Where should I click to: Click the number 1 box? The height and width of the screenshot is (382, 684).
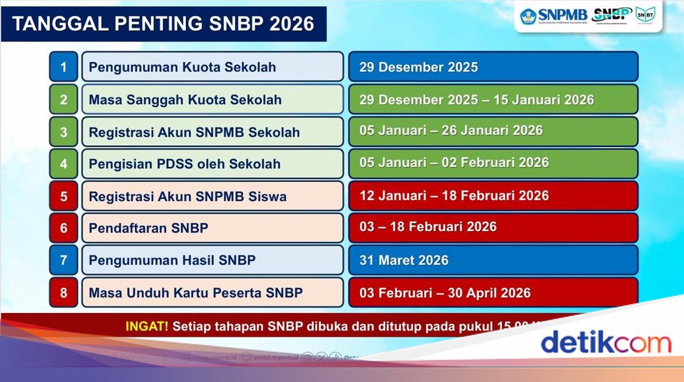[63, 67]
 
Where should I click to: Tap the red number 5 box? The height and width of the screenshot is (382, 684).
[63, 196]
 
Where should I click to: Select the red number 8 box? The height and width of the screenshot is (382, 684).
[63, 293]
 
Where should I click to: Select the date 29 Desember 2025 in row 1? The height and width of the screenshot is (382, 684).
[418, 67]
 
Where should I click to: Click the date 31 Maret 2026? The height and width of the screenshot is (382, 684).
[404, 261]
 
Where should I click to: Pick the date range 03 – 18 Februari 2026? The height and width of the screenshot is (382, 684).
[427, 227]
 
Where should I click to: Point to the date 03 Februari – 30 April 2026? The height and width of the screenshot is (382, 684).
[445, 293]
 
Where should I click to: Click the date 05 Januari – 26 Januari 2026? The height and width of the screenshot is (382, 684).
[450, 131]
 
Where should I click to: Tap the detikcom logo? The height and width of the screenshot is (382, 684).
[605, 343]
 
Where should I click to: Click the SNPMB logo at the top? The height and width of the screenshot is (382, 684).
[553, 15]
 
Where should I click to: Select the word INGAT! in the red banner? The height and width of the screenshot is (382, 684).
[147, 326]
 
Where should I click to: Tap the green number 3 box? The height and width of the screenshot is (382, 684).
[63, 132]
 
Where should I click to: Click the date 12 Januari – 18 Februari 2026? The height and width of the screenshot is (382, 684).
[454, 196]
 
